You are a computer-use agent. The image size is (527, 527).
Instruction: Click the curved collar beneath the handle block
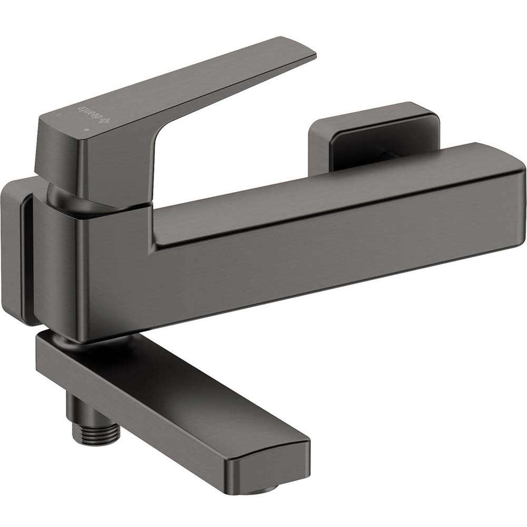pos(63,198)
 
